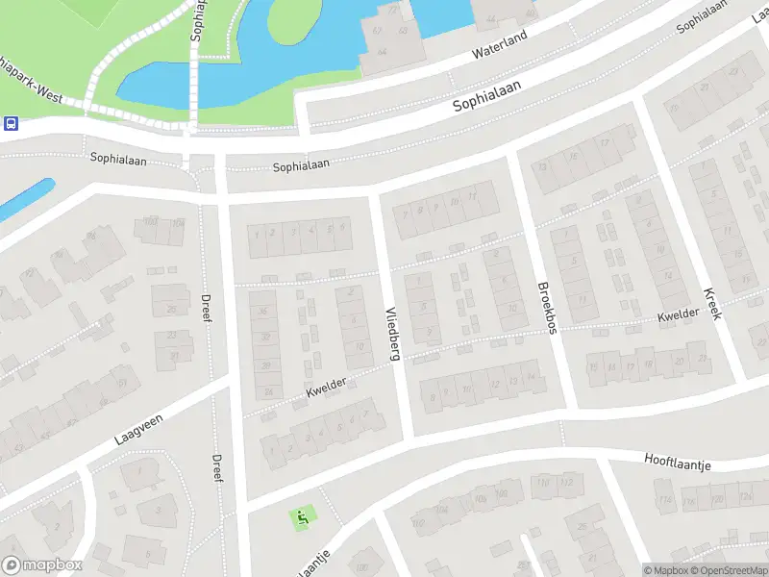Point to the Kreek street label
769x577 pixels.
(711, 304)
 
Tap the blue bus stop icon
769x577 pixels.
(11, 123)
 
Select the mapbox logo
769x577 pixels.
(41, 565)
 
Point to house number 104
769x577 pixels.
(177, 223)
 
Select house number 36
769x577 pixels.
(261, 311)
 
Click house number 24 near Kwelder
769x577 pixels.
(268, 392)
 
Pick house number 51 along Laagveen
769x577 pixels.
(121, 383)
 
